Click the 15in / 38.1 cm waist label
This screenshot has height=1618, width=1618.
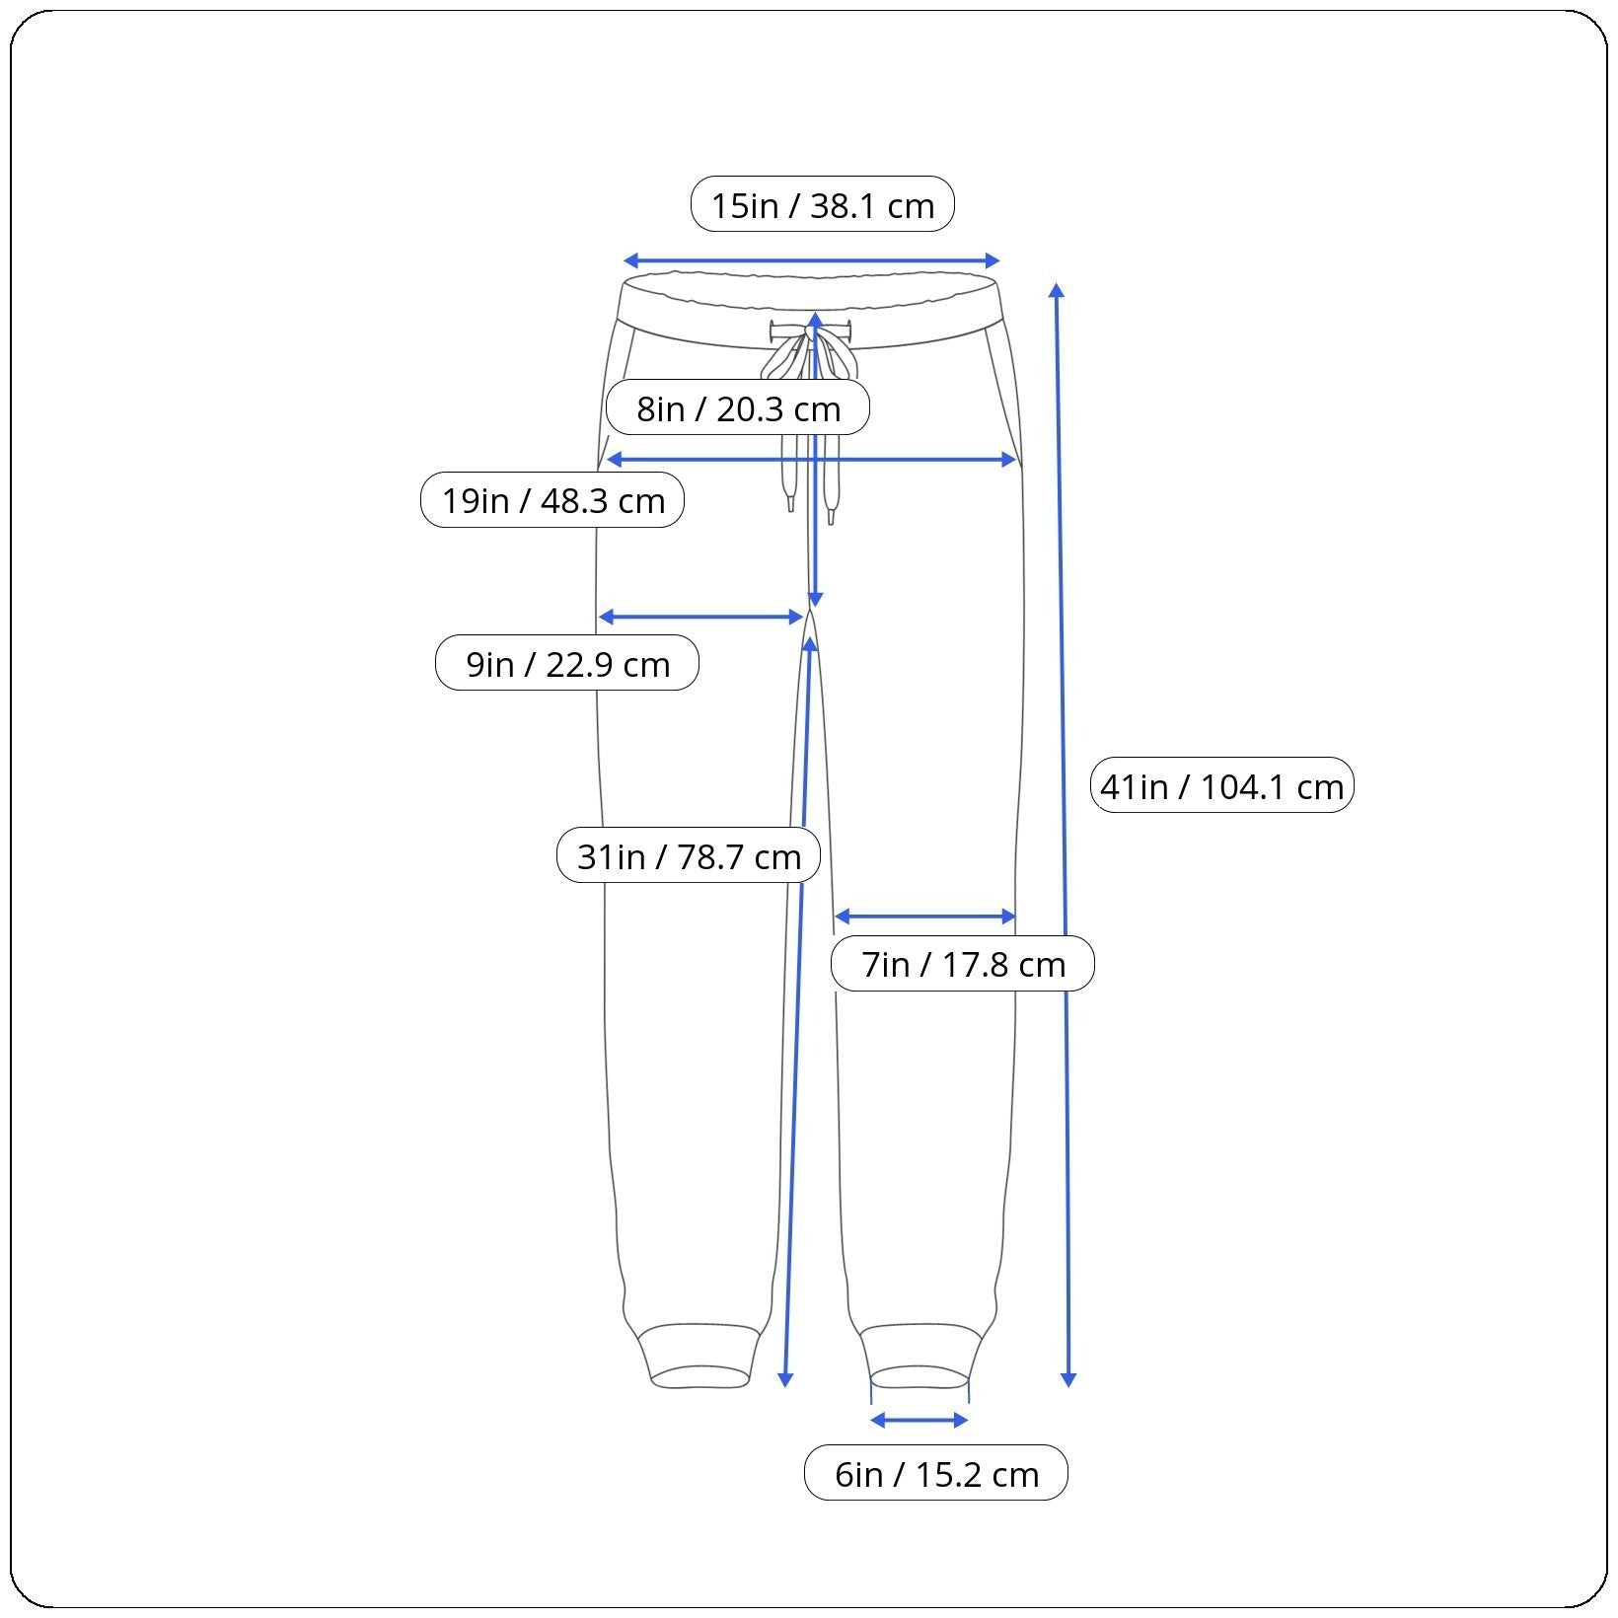823,204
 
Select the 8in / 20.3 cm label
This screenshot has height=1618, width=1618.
738,407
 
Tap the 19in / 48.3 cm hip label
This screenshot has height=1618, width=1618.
552,500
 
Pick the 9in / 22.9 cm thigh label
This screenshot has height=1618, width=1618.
567,663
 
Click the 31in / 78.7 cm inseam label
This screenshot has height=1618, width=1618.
689,855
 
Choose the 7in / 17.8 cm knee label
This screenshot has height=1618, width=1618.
963,963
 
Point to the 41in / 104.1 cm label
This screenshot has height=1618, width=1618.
1221,785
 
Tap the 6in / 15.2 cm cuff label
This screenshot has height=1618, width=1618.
936,1474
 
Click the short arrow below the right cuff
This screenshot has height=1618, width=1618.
919,1421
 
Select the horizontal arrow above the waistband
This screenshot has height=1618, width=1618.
812,261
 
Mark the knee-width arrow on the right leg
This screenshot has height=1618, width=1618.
925,917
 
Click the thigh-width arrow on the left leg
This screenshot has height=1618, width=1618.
701,618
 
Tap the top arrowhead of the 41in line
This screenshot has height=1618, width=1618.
1057,290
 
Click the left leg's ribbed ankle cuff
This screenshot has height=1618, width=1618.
700,1358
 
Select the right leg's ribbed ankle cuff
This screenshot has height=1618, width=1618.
921,1358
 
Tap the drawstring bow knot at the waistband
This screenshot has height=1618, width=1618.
809,334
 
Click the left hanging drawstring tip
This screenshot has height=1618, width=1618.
790,503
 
